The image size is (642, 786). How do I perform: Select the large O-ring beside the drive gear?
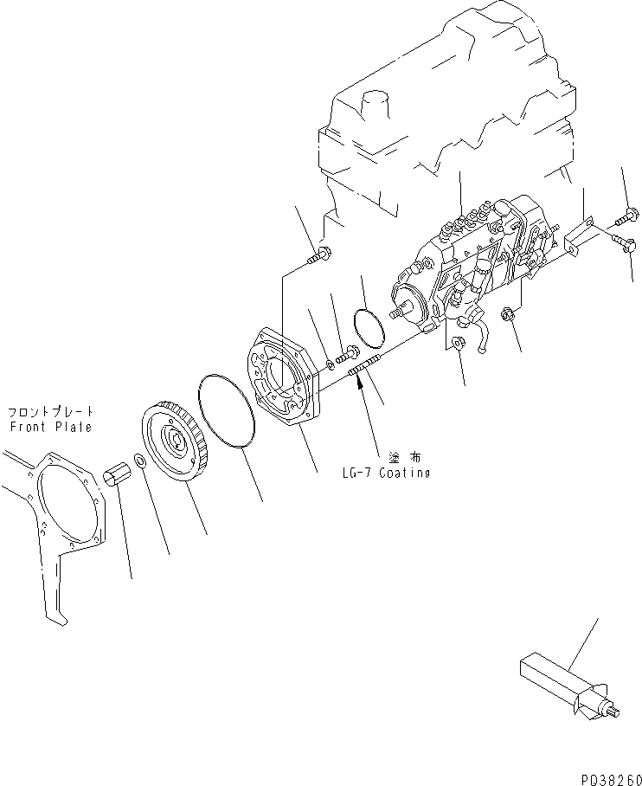(x=228, y=411)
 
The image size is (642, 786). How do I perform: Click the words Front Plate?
(x=50, y=427)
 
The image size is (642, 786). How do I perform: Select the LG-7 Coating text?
(x=385, y=473)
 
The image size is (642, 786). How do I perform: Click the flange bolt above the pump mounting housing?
(x=322, y=254)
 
